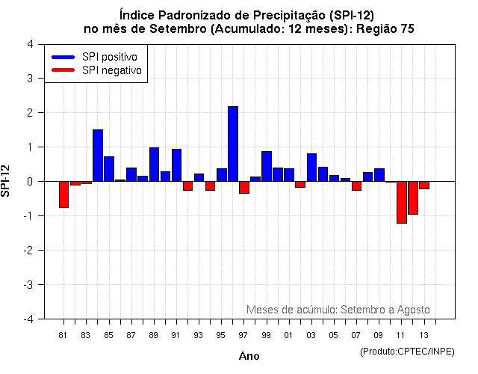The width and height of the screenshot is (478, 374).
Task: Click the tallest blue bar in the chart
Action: (233, 144)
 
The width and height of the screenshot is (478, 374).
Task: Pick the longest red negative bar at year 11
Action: (402, 202)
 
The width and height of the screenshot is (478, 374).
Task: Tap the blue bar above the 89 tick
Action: (154, 164)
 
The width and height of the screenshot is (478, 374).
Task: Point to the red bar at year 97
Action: (244, 187)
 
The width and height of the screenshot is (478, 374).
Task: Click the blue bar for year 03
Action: (311, 167)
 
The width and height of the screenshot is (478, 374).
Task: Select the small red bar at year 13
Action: (424, 185)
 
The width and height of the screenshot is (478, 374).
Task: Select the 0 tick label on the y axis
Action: (30, 181)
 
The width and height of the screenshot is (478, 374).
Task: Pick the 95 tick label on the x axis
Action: (221, 334)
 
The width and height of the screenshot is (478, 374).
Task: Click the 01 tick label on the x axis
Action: (288, 334)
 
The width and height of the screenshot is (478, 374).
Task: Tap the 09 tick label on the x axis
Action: (379, 334)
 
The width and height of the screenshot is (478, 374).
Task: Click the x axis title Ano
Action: (249, 356)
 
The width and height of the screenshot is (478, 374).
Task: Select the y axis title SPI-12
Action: (7, 181)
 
